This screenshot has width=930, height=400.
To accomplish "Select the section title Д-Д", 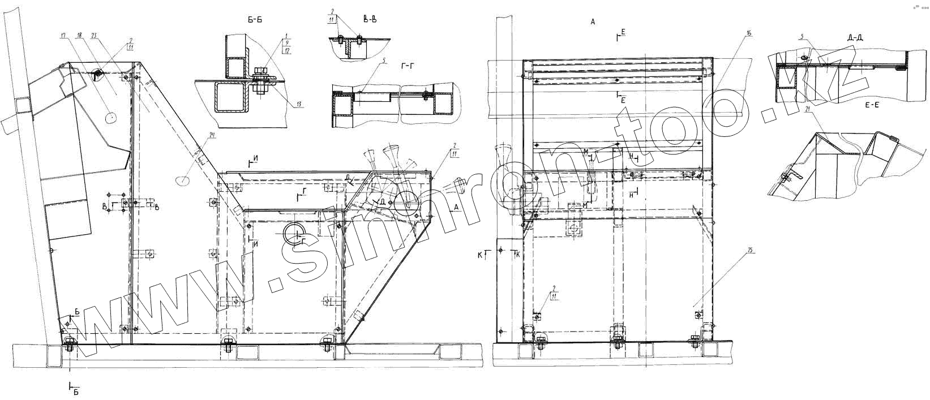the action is (855, 38).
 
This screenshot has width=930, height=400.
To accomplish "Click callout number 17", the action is (62, 36).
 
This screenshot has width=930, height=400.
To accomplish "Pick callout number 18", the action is (79, 36).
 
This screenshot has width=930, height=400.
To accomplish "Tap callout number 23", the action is (93, 36).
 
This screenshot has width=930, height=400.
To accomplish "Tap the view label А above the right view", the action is (593, 22).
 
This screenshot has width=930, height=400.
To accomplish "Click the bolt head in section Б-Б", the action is (262, 72).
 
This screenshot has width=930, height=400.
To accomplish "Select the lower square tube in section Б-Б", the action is (231, 98).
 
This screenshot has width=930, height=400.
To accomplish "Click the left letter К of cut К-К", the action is (480, 256).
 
